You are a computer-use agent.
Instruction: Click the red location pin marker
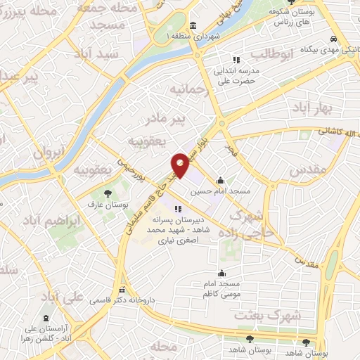[x=180, y=165]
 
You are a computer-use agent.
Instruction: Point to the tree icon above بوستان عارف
[x=107, y=193]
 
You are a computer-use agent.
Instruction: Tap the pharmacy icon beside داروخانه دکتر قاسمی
[x=122, y=290]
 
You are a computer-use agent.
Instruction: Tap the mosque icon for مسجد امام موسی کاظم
[x=222, y=273]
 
